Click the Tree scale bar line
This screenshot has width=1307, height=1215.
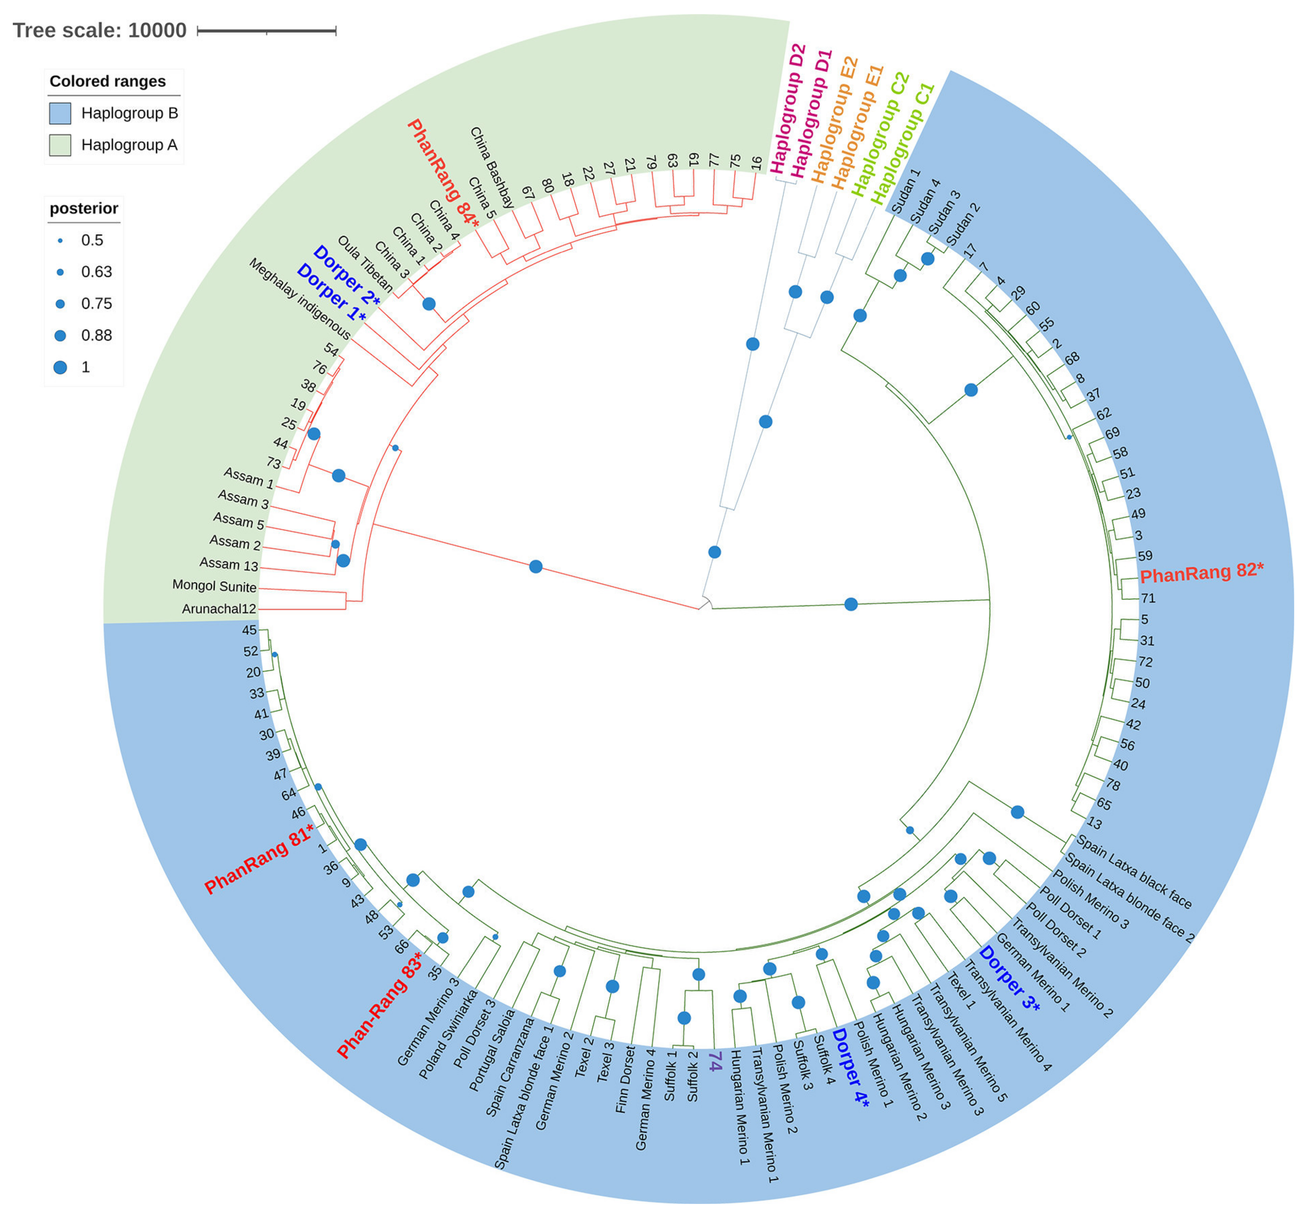(x=266, y=30)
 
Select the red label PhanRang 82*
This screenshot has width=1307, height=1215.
(x=1201, y=572)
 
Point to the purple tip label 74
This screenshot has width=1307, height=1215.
(x=715, y=1061)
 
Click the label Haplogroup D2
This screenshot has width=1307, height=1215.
(x=788, y=109)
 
